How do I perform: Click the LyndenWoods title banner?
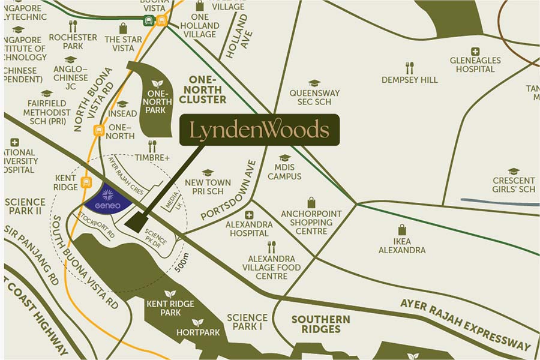(259, 130)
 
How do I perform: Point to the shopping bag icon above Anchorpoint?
(311, 202)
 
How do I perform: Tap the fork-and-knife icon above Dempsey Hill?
(410, 67)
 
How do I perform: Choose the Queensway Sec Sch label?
(314, 97)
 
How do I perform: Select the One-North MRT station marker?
(98, 129)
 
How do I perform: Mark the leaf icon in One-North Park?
(157, 83)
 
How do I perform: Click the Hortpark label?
(197, 332)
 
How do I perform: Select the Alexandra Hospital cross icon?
(249, 215)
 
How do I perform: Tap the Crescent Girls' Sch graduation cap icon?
(513, 172)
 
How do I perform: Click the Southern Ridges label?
(320, 324)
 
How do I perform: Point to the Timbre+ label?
(152, 158)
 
